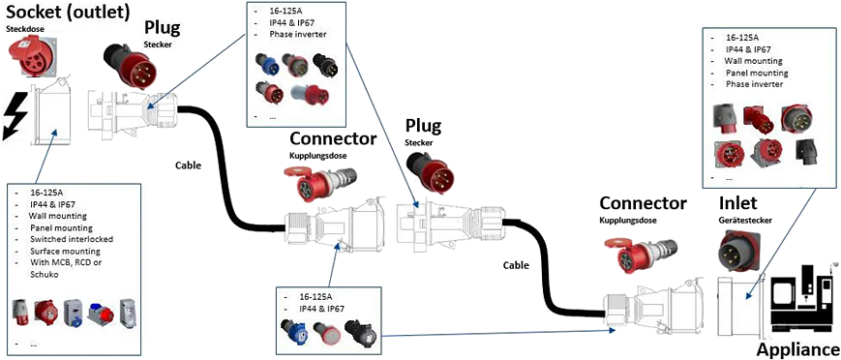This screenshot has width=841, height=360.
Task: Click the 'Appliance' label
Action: (797, 349)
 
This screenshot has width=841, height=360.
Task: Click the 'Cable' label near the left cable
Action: (188, 165)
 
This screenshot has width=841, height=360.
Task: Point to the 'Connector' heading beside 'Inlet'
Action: (643, 204)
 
